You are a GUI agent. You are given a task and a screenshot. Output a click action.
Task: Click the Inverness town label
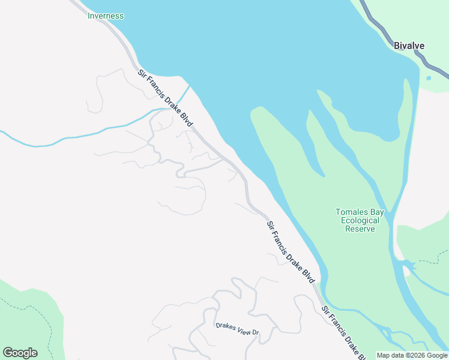106,16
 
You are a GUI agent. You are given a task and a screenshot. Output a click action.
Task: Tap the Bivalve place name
409,46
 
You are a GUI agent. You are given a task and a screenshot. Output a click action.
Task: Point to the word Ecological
360,220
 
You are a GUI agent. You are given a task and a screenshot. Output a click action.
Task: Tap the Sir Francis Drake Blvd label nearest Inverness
166,99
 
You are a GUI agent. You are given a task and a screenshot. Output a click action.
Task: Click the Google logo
20,352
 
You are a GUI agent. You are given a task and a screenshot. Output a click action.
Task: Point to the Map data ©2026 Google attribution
412,355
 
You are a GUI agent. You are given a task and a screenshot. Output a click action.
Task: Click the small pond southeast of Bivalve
428,78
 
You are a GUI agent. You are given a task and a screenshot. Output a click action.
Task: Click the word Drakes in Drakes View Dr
225,326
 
